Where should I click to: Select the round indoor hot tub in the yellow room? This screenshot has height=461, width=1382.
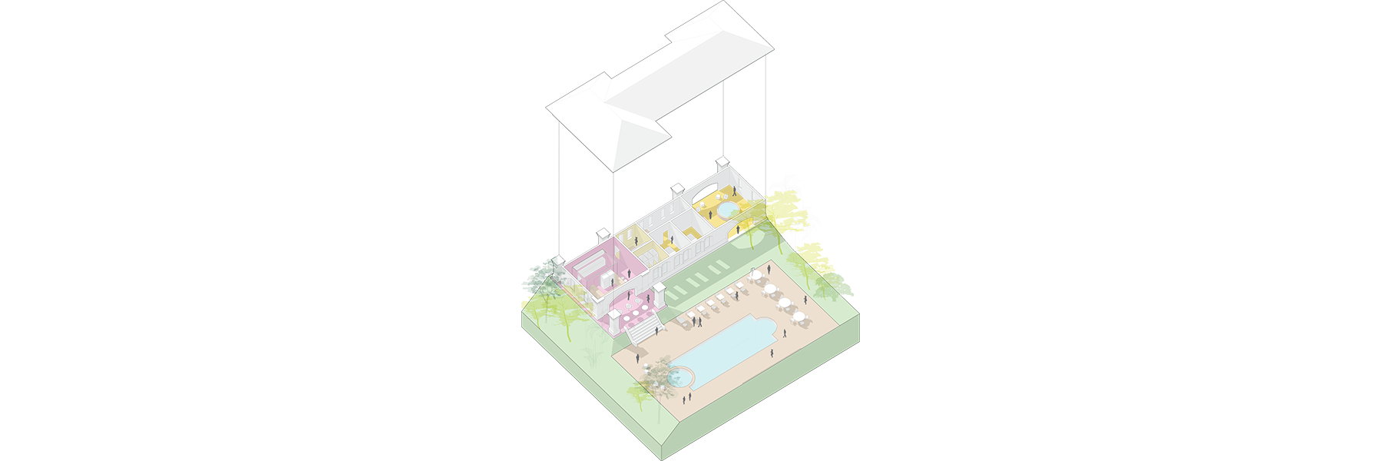click(726, 209)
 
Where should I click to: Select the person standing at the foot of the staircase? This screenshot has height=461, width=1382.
click(636, 355)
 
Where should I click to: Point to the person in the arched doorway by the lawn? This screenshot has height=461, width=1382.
click(739, 229)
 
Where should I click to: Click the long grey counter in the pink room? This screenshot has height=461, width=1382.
click(590, 266)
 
